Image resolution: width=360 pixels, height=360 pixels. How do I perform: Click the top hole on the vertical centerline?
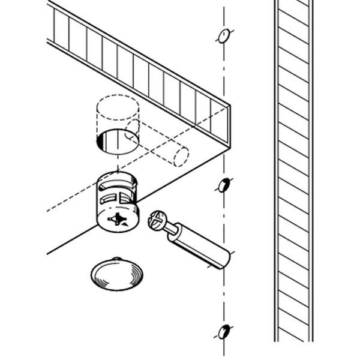(x=222, y=35)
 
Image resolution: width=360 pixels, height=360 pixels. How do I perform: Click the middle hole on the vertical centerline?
(x=223, y=185)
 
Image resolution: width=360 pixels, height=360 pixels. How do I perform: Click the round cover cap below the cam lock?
(x=116, y=275)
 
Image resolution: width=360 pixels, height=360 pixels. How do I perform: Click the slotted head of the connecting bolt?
(x=157, y=220)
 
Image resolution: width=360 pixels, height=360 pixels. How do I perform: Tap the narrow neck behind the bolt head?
(x=173, y=229)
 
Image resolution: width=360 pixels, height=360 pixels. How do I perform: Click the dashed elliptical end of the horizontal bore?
(x=180, y=156)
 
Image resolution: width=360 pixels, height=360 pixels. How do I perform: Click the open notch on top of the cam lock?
(x=118, y=179)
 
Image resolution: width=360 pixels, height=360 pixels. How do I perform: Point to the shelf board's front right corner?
(x=228, y=146)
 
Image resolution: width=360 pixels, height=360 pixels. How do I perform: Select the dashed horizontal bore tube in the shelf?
(x=156, y=144)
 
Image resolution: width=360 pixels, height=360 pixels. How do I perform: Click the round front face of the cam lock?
(x=118, y=221)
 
